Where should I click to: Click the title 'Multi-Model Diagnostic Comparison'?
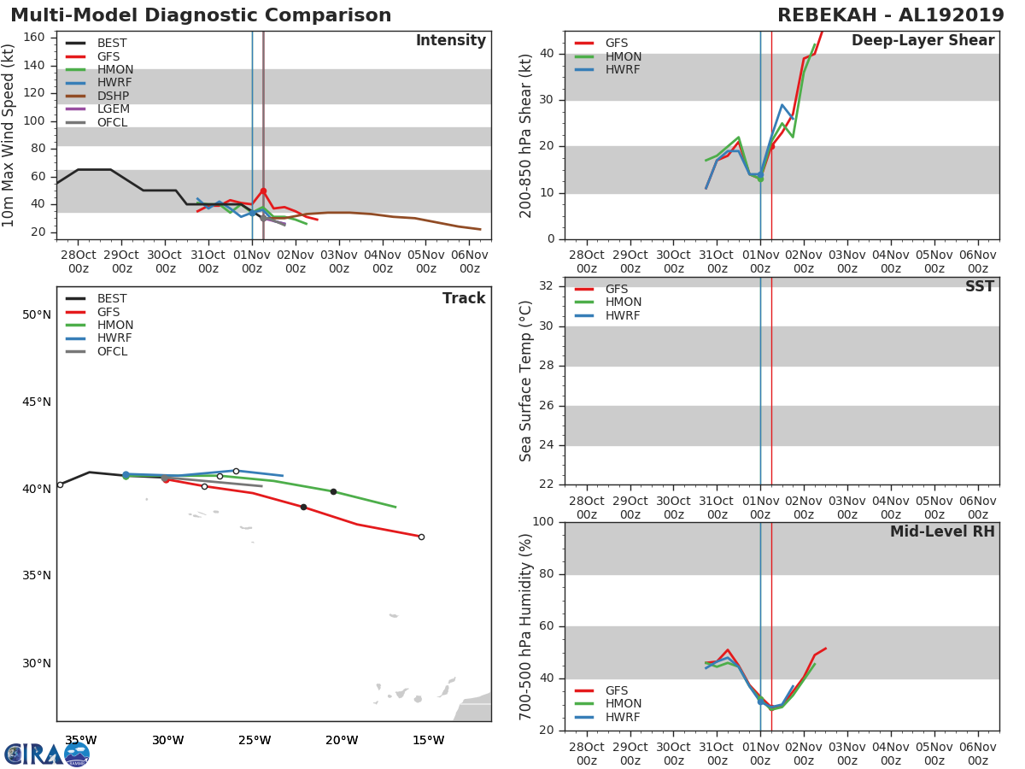[x=201, y=15]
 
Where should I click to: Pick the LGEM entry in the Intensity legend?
[x=112, y=109]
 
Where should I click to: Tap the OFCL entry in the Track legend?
[x=112, y=351]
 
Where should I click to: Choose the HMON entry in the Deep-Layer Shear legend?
[x=623, y=56]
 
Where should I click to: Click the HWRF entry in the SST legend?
[x=622, y=315]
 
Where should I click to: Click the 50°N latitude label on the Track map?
[x=37, y=314]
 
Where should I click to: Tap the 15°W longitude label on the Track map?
[x=428, y=740]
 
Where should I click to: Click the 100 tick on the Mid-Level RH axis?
[x=543, y=521]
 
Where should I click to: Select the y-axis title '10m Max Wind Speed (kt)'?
[x=9, y=135]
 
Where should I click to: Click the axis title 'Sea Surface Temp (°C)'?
[x=526, y=381]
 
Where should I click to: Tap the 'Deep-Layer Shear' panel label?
[x=922, y=41]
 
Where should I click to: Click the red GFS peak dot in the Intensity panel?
[x=263, y=191]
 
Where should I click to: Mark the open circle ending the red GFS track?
[x=421, y=537]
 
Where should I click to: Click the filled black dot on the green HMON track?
[x=333, y=491]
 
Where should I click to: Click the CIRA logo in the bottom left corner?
[x=47, y=754]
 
